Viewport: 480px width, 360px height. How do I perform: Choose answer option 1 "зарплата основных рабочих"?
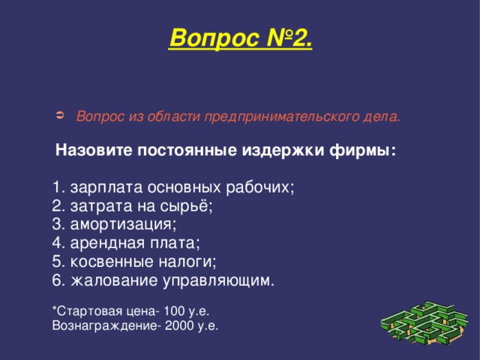pos(173,187)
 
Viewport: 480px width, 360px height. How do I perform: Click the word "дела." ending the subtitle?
pos(385,117)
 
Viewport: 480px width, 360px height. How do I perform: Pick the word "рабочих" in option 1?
pos(266,187)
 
